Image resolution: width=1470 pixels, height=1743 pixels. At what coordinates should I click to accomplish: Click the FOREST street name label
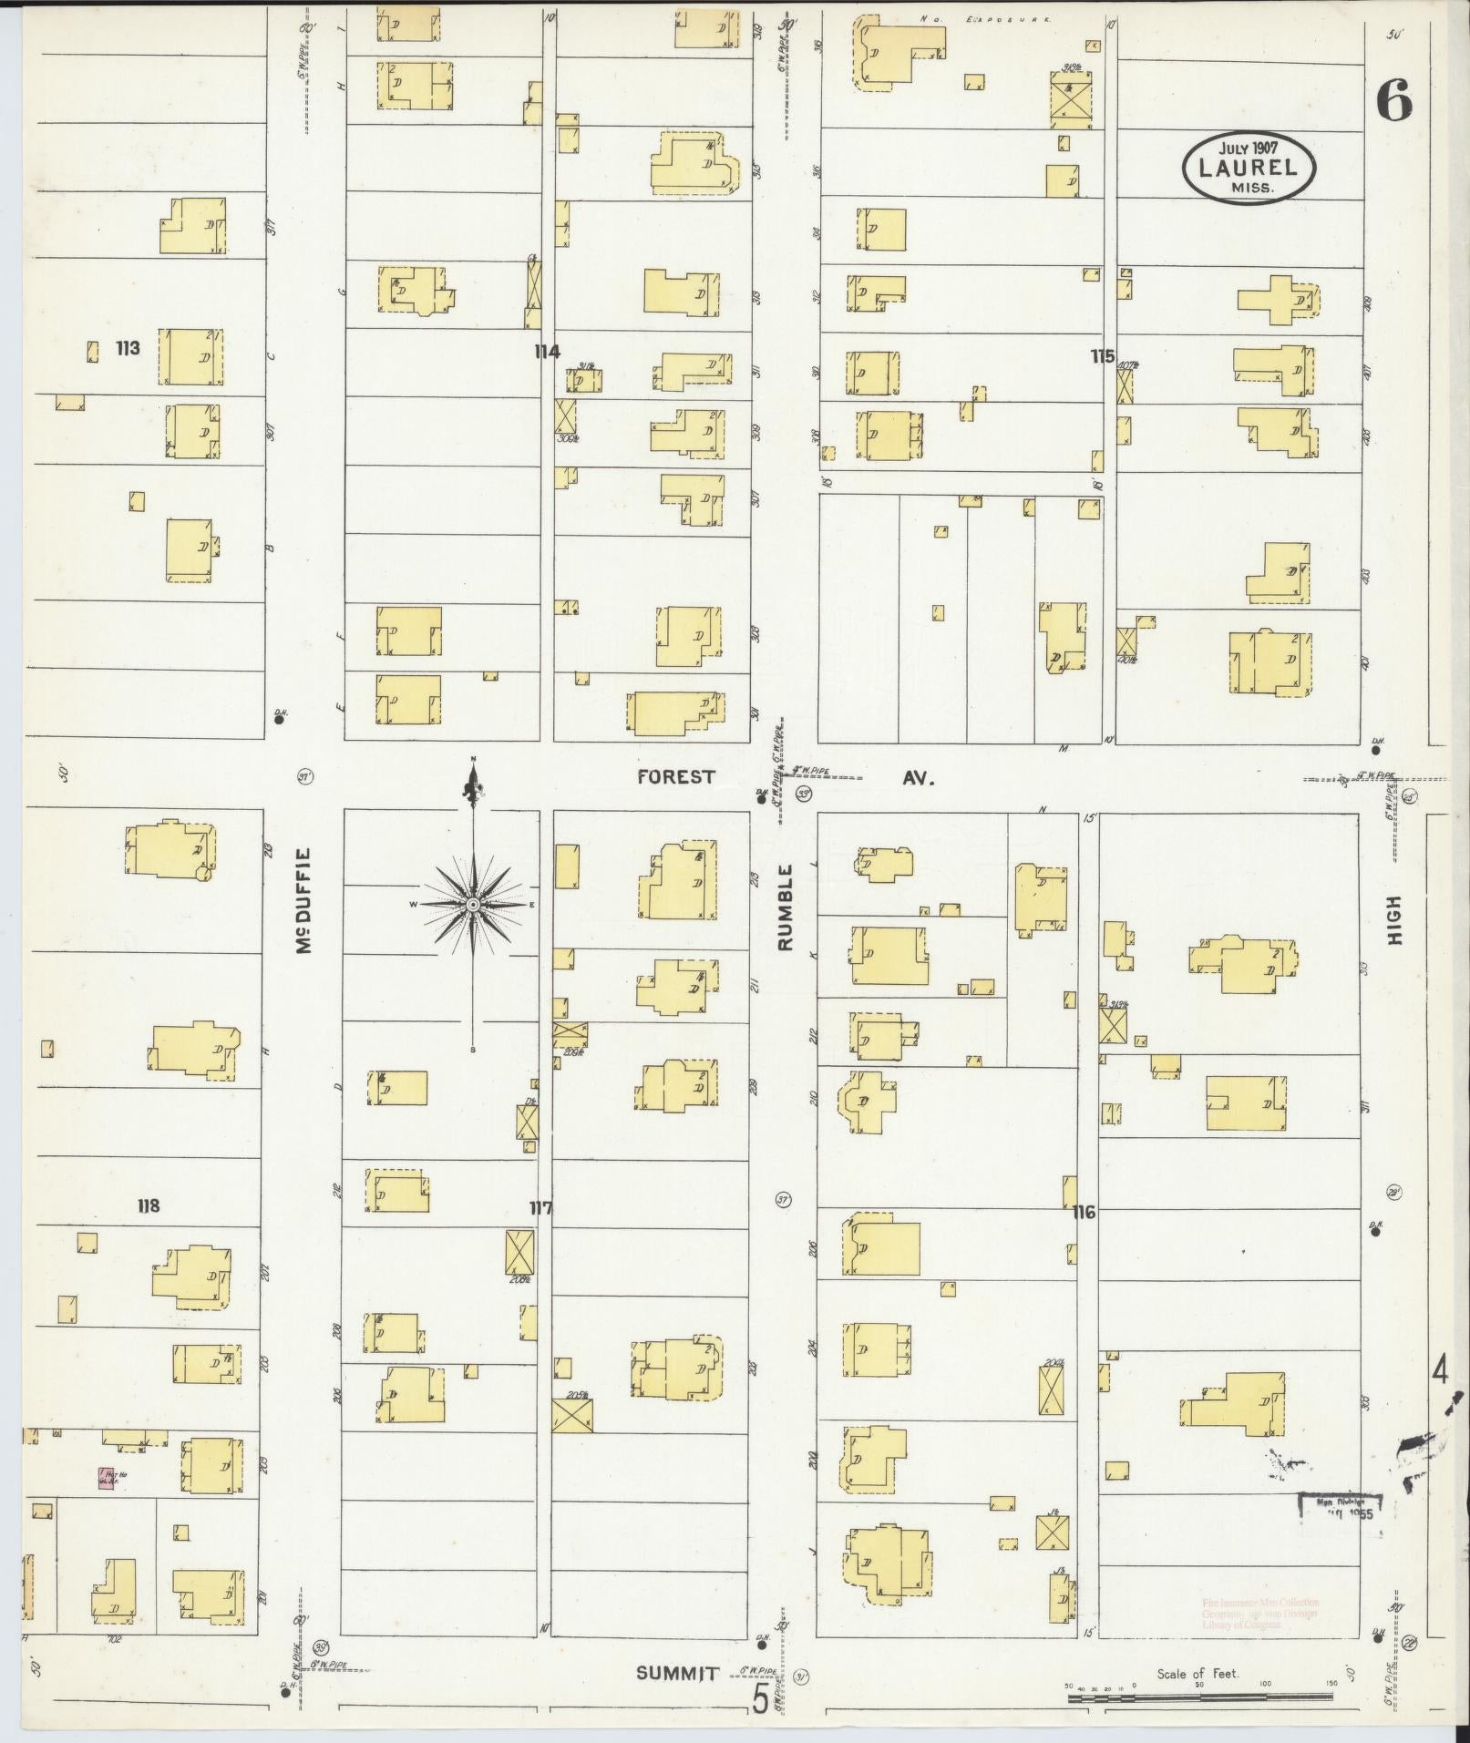pos(676,776)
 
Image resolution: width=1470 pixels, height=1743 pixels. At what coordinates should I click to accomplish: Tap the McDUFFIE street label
pos(303,901)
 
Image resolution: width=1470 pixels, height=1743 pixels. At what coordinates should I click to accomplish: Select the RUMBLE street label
pos(786,908)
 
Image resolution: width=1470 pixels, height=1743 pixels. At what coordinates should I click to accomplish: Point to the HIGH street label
pos(1393,919)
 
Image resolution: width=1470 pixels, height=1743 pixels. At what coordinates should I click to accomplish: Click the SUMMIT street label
pos(677,1673)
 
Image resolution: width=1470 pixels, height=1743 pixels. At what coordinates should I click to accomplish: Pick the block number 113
pos(128,347)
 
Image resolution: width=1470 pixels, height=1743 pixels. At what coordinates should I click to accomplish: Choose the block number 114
pos(548,352)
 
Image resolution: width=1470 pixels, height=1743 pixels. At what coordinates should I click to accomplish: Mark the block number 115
pos(1103,356)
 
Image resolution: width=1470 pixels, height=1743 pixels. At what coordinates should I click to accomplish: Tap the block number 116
pos(1084,1212)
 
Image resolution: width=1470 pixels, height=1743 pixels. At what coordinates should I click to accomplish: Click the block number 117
pos(541,1208)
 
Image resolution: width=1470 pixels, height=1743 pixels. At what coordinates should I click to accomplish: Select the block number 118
pos(148,1205)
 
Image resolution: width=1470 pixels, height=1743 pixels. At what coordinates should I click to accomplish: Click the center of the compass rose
pos(473,904)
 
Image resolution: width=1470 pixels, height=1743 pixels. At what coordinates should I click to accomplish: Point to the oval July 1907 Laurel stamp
pos(1249,168)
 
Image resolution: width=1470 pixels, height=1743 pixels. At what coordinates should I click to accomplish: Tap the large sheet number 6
pos(1394,100)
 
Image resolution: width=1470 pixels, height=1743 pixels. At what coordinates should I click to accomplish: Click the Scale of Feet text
pos(1198,1673)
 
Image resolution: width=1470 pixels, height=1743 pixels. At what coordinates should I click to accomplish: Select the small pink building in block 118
pos(106,1478)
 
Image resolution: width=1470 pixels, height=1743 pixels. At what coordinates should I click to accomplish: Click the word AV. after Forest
pos(919,779)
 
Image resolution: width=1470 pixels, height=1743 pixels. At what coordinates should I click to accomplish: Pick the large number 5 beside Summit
pos(759,1698)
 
